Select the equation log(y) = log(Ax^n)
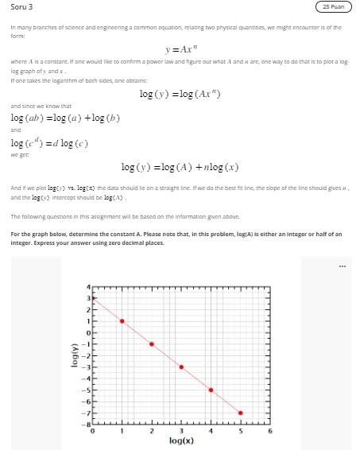coord(180,94)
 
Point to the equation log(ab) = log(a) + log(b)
coord(65,118)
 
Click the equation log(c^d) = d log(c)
coord(49,143)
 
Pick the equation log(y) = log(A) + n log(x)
coord(180,167)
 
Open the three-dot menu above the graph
coord(342,266)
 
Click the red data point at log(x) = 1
coord(122,321)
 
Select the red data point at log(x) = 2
coord(152,344)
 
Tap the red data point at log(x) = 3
coord(181,367)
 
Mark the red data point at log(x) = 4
coord(211,390)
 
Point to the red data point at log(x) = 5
coord(241,413)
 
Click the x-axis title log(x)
coord(181,440)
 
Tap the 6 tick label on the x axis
coord(270,431)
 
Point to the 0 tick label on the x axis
coord(92,431)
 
